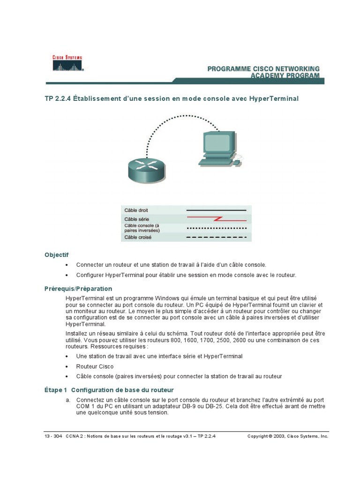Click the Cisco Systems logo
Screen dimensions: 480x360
pyautogui.click(x=67, y=63)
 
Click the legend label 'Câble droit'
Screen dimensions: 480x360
pyautogui.click(x=136, y=210)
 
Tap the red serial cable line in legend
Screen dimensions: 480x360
pyautogui.click(x=217, y=219)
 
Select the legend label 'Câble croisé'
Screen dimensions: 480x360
pyautogui.click(x=138, y=237)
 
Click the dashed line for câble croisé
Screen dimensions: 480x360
pyautogui.click(x=217, y=237)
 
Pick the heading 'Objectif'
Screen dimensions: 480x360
pyautogui.click(x=56, y=255)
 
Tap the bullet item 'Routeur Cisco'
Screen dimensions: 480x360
pyautogui.click(x=95, y=367)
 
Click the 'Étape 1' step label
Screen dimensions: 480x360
pyautogui.click(x=56, y=390)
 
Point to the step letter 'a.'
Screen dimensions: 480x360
pyautogui.click(x=68, y=400)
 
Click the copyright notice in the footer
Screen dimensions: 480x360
pyautogui.click(x=288, y=436)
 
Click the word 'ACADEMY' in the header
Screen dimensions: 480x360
pyautogui.click(x=268, y=75)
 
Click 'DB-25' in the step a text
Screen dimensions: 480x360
pyautogui.click(x=216, y=406)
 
